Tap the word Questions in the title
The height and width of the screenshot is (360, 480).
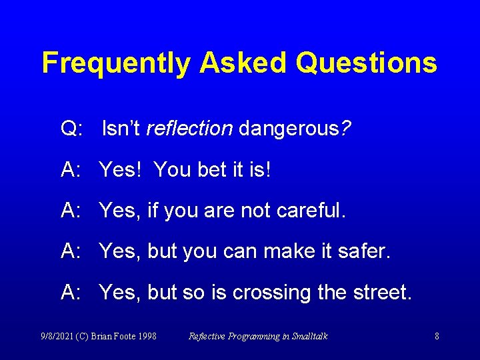click(x=367, y=63)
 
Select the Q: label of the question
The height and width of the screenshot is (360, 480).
click(x=72, y=129)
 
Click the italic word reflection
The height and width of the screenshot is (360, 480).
click(x=189, y=129)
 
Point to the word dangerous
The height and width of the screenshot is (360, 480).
click(x=289, y=129)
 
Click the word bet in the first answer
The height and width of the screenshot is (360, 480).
click(x=212, y=170)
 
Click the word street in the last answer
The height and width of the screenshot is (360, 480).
click(x=380, y=293)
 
